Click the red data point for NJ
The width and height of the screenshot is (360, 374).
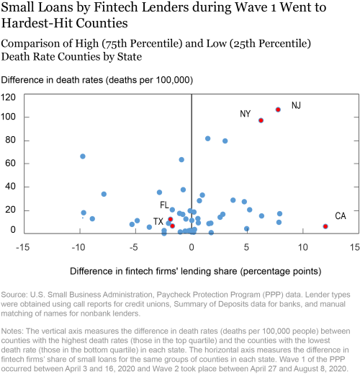278,110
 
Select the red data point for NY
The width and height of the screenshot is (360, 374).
261,120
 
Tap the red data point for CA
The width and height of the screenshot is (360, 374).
325,226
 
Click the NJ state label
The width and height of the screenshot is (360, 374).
296,105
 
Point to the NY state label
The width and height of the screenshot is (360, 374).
245,114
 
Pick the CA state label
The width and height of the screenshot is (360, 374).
341,216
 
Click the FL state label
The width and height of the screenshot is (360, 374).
164,205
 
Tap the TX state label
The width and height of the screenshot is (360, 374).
158,221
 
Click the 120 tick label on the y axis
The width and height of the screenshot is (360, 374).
8,97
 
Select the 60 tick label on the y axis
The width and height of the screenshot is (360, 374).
11,164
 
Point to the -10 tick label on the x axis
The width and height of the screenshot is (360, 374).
78,247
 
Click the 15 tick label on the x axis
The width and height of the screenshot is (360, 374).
355,247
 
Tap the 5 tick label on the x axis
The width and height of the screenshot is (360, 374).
246,247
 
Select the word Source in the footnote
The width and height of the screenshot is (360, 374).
14,295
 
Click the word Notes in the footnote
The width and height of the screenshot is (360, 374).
12,331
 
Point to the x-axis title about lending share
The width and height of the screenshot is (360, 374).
196,271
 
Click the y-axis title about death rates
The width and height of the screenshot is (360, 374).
97,80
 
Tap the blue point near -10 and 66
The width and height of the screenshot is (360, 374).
83,156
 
